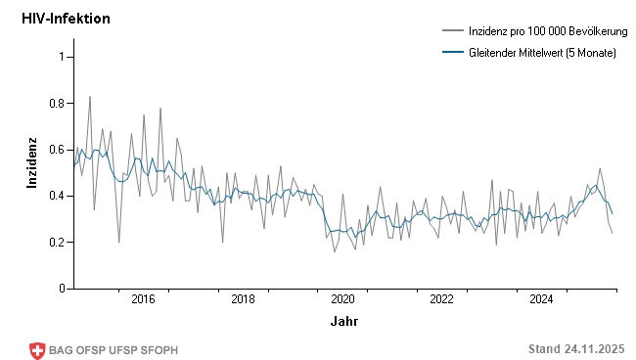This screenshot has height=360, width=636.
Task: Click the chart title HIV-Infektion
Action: click(x=66, y=19)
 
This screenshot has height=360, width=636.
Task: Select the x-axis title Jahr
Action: click(x=343, y=321)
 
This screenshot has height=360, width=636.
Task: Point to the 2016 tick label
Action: click(x=144, y=299)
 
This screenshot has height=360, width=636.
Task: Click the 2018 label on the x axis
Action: click(x=244, y=299)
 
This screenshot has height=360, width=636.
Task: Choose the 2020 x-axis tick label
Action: click(x=343, y=299)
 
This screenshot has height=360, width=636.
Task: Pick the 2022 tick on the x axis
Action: click(x=442, y=299)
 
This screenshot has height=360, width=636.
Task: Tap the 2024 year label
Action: click(x=542, y=299)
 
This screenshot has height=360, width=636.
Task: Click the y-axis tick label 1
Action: click(x=61, y=57)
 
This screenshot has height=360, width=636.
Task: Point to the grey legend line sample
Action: click(x=453, y=31)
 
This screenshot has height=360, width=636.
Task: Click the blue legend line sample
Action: click(x=453, y=52)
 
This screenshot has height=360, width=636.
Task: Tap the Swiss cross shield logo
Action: click(x=38, y=350)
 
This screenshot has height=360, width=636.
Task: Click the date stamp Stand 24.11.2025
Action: click(x=575, y=349)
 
